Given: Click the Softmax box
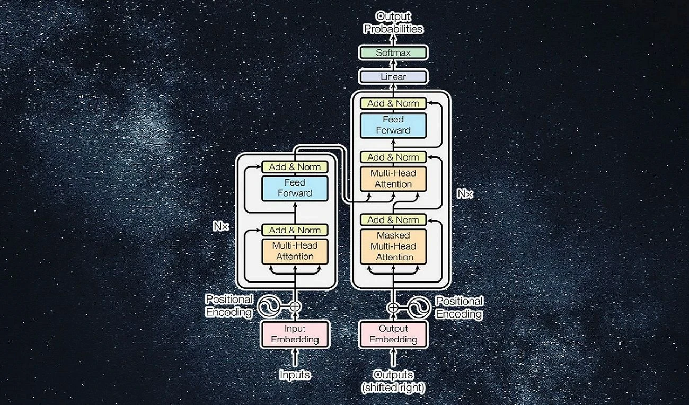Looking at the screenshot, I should [393, 52].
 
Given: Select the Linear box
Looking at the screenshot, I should [393, 77].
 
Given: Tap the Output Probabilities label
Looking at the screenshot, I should [393, 23].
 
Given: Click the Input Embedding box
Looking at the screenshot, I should [295, 334].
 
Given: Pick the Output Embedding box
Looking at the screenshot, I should [393, 334].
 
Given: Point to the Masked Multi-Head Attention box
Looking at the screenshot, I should [393, 246].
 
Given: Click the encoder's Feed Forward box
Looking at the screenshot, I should [295, 188].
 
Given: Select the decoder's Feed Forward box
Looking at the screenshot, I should [393, 125].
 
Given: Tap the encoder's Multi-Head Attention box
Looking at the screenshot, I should [295, 251].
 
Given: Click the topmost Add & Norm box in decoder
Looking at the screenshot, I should [393, 103].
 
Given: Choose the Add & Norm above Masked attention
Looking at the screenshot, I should [393, 220].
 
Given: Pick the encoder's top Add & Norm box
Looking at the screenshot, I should [295, 167].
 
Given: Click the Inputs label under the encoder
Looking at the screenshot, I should [295, 375].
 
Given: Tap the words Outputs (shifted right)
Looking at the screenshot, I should [393, 381].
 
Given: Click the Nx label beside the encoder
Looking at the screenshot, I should [221, 226].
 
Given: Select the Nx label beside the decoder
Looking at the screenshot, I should [465, 194].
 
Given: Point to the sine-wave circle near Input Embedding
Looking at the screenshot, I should [268, 306].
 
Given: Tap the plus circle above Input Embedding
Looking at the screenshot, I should [295, 306].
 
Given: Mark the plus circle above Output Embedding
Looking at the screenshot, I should [393, 307].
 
